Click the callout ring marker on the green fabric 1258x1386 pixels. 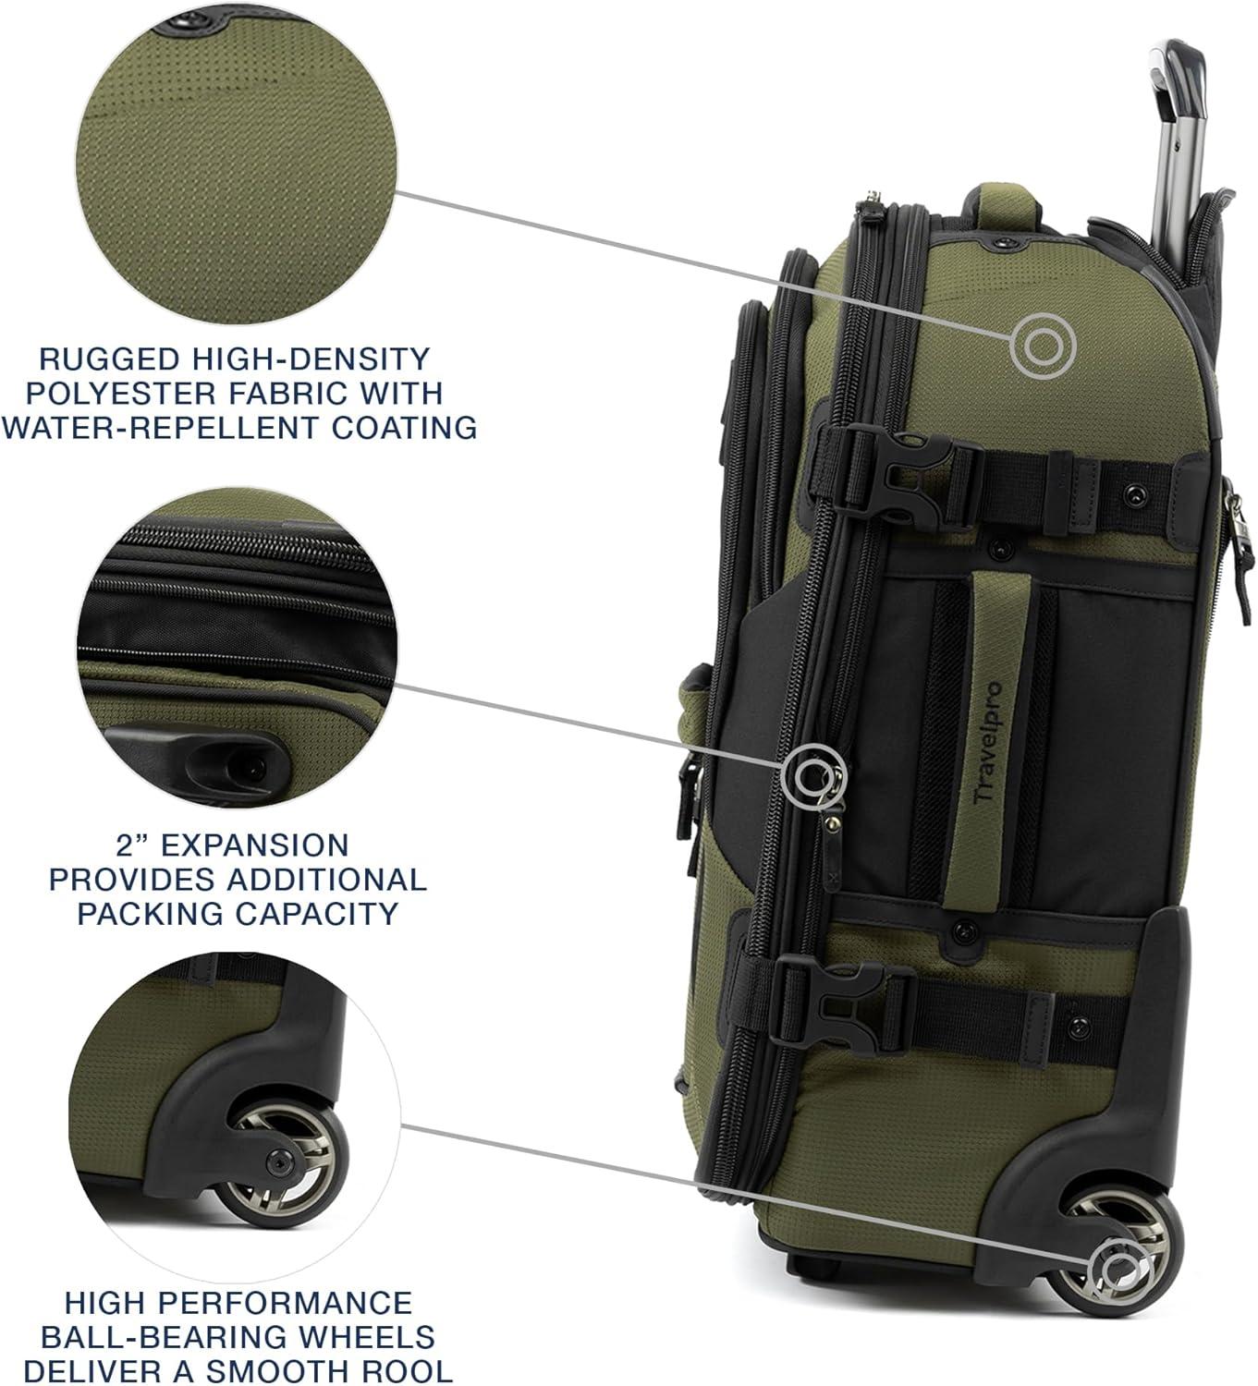[1043, 346]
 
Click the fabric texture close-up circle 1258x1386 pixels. [237, 162]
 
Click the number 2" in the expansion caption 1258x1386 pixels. [136, 845]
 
